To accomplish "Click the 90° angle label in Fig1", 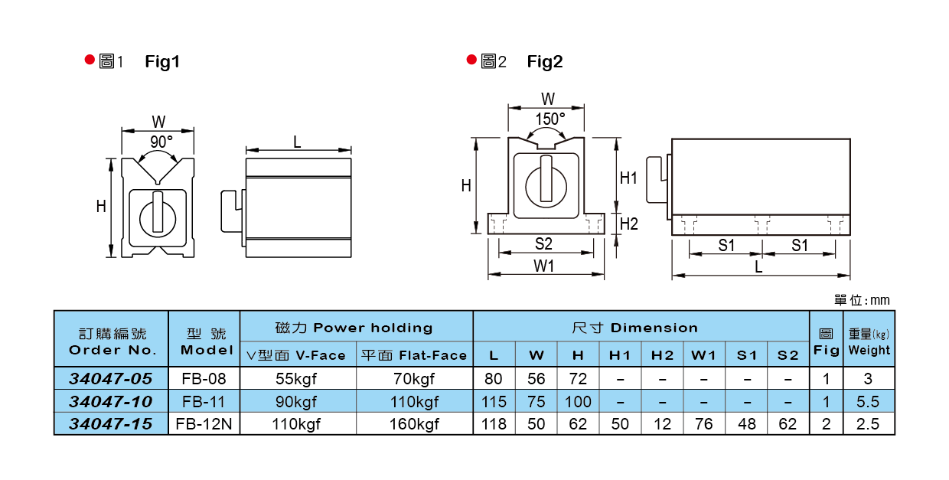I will [x=161, y=142].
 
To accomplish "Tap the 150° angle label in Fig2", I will [x=550, y=119].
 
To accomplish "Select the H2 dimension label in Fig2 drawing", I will [x=628, y=224].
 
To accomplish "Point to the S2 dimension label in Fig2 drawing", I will [x=543, y=244].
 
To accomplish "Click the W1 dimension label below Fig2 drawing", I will [x=543, y=266].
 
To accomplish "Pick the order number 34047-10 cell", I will [x=111, y=401].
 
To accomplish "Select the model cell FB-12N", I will [x=204, y=423].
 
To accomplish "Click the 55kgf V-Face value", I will [x=298, y=379].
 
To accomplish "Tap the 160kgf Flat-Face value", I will [x=414, y=423].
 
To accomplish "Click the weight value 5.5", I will [x=869, y=401].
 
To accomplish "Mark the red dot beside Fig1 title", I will [x=90, y=60].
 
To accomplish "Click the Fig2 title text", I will [x=545, y=62].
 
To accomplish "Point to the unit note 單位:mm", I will [x=862, y=301].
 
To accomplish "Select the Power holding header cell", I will [x=356, y=327].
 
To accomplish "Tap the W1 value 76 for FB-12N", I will [x=703, y=423].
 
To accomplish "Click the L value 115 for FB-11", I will [x=494, y=401].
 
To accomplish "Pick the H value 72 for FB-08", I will [x=578, y=379].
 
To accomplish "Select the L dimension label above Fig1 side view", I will [x=297, y=142].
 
